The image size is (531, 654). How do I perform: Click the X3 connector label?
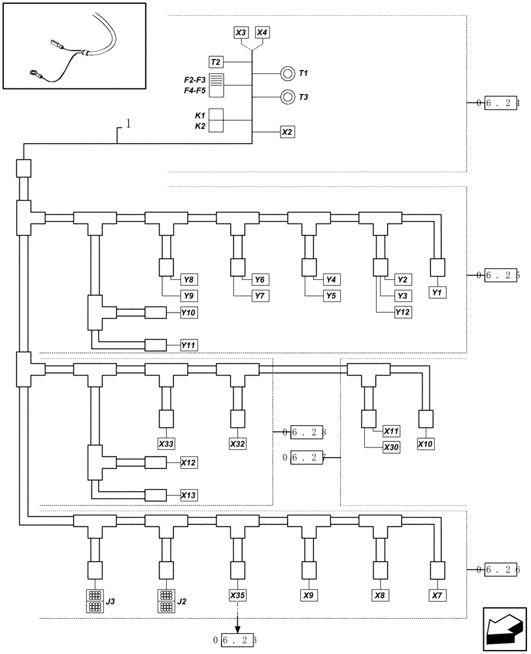241,32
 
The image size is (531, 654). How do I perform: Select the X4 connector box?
262,32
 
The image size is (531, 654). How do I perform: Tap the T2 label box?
216,62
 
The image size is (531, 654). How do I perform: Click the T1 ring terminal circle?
287,74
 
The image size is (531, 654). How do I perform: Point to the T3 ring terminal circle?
287,97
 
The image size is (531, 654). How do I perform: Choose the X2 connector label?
287,131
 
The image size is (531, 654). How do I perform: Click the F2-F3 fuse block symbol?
216,86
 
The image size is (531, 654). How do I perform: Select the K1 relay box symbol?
216,115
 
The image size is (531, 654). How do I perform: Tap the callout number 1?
128,124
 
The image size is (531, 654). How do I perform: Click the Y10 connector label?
188,313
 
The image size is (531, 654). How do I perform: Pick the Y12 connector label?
403,313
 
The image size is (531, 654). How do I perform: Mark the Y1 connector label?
437,292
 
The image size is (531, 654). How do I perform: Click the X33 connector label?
167,444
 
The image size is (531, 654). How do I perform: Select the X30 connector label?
392,447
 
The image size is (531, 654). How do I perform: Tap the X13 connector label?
188,496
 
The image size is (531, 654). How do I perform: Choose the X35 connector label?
238,596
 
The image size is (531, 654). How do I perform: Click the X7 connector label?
437,596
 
